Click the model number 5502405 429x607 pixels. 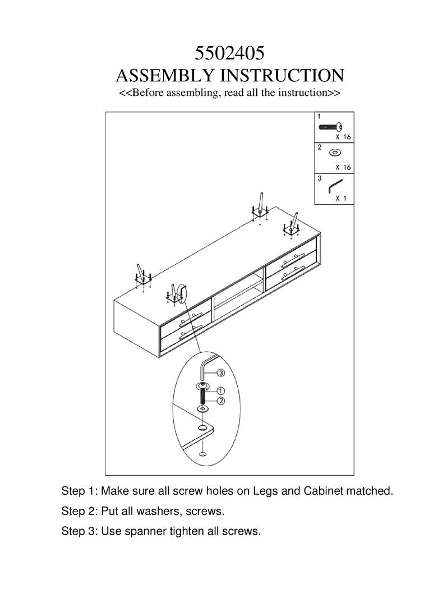(229, 53)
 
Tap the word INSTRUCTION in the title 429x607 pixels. (282, 76)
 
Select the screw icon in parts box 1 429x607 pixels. (330, 127)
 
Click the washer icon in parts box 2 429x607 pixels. (335, 153)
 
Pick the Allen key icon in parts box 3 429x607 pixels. (335, 185)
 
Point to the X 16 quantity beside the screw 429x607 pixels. (343, 137)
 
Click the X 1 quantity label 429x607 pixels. (341, 198)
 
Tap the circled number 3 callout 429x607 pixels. (220, 373)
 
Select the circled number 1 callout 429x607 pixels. (220, 390)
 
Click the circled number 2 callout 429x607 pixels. (220, 401)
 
